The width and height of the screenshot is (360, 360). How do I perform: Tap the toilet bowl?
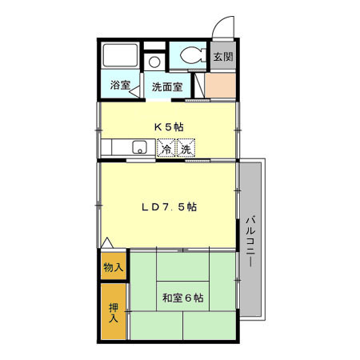pyautogui.click(x=191, y=56)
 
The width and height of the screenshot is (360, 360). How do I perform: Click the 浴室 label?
pyautogui.click(x=120, y=86)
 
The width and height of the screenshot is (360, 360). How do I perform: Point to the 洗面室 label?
pyautogui.click(x=168, y=86)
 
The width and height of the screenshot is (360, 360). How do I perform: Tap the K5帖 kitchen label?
pyautogui.click(x=168, y=126)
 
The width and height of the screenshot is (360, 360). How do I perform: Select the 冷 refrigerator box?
pyautogui.click(x=166, y=149)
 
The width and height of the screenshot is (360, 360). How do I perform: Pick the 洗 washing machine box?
pyautogui.click(x=186, y=149)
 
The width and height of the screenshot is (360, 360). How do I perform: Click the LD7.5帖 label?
pyautogui.click(x=170, y=206)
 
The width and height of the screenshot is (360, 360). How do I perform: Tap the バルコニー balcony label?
pyautogui.click(x=250, y=240)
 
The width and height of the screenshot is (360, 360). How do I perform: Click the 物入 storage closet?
pyautogui.click(x=113, y=266)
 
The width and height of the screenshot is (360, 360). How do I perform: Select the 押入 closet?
pyautogui.click(x=113, y=311)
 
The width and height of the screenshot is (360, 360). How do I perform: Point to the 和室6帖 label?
pyautogui.click(x=182, y=298)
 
